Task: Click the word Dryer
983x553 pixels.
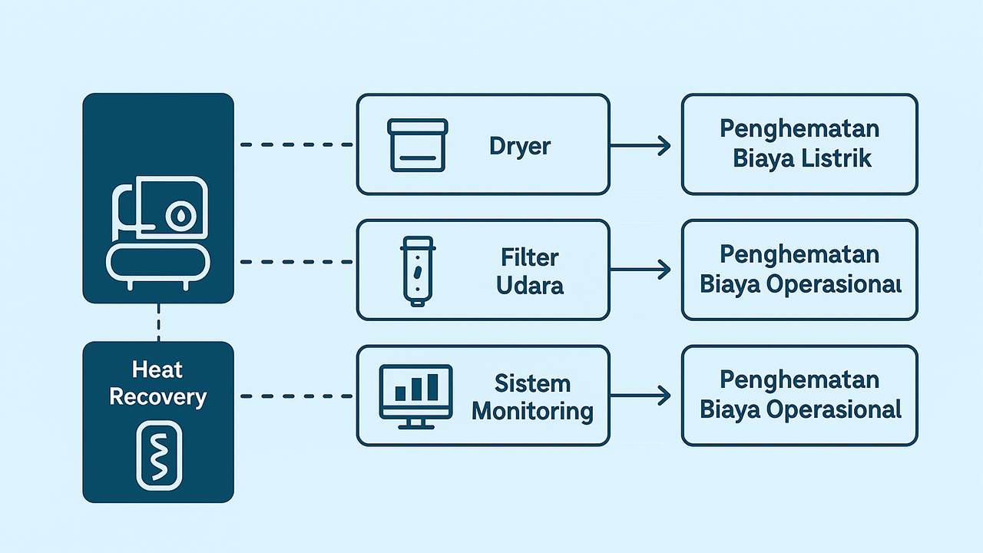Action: click(x=520, y=145)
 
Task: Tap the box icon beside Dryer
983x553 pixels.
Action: click(x=417, y=144)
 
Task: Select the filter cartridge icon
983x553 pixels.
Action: click(x=416, y=270)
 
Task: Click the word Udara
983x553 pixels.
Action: click(x=529, y=285)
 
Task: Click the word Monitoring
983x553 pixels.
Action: click(x=532, y=410)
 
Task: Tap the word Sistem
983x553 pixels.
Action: click(x=532, y=382)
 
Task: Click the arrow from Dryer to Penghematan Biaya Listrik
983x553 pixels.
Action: click(x=639, y=145)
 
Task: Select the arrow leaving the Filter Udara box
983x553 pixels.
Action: click(x=639, y=270)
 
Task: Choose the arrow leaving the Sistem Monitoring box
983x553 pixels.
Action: click(x=639, y=396)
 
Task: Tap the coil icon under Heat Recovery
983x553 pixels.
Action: click(x=158, y=455)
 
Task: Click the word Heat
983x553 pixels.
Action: click(x=157, y=369)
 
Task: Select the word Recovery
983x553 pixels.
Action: click(x=157, y=397)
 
